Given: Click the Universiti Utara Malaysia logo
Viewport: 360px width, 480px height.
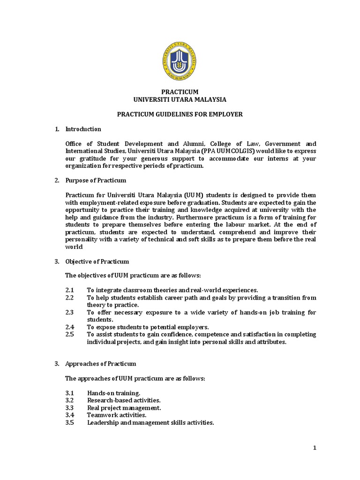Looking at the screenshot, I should coord(180,61).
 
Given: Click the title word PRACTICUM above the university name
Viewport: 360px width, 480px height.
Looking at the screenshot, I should coord(180,92).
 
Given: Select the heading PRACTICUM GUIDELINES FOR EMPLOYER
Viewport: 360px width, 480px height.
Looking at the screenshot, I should coord(180,114).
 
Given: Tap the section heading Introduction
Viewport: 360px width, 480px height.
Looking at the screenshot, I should coord(83,129).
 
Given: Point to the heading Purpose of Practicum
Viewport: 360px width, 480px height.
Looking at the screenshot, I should coord(96,180).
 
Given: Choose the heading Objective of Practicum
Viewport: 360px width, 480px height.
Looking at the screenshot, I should coord(97,262).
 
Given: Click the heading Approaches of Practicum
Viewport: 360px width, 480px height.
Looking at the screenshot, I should coord(100,364).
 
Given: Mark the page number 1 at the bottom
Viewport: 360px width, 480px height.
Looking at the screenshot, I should coord(315,448).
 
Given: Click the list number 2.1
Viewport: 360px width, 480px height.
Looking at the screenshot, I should coord(70,291).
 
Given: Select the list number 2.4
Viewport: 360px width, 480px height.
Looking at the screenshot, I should coord(70,327).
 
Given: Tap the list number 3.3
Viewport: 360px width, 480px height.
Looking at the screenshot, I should coord(70,408).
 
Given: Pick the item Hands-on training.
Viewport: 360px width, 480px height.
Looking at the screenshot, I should coord(113,393).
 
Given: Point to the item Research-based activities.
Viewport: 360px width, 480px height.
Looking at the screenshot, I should coord(124,400).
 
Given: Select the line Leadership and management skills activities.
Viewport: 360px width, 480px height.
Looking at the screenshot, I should coord(150,422).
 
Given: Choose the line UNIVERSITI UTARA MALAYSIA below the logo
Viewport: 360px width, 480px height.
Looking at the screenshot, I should coord(180,100).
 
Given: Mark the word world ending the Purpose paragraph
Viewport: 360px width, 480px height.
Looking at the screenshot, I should coord(74,247).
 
